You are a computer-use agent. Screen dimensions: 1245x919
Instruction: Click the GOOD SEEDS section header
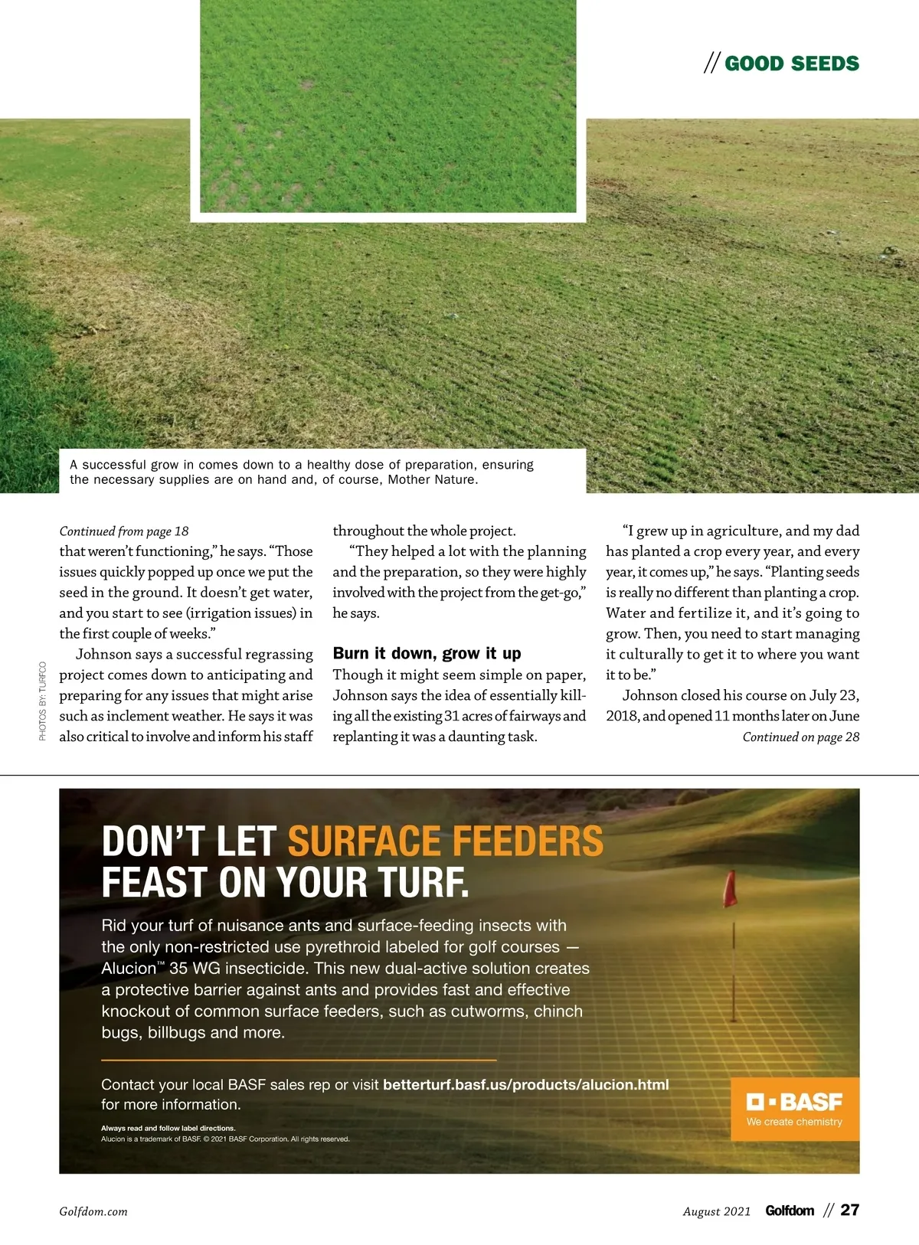[791, 64]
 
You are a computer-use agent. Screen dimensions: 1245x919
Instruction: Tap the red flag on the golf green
[731, 888]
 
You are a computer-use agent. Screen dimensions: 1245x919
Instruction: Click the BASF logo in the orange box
[794, 1102]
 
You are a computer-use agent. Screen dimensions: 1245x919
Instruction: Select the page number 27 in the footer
[850, 1210]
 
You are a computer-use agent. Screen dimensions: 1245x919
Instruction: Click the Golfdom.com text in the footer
[93, 1211]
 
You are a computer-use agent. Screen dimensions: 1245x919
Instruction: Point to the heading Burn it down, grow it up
[427, 653]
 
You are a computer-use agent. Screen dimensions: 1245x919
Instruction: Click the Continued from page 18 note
[124, 531]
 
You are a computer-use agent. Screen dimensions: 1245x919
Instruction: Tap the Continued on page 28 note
[800, 737]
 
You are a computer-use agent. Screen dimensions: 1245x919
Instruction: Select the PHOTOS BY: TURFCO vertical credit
[43, 701]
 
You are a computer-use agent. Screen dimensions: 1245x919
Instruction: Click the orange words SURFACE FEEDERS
[445, 841]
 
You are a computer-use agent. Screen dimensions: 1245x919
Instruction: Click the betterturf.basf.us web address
[525, 1084]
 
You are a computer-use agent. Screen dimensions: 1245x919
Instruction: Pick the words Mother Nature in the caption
[432, 480]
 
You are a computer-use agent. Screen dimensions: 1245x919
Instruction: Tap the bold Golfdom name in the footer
[790, 1211]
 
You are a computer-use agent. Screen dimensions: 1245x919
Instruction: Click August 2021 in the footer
[716, 1211]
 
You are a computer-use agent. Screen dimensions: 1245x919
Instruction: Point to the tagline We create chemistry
[794, 1122]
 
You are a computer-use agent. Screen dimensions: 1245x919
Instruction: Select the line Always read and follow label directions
[168, 1128]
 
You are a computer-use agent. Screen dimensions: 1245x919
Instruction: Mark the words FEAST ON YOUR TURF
[285, 882]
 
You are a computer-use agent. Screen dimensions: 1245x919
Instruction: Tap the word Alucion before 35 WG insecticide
[129, 969]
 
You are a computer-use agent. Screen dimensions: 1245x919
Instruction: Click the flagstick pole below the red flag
[734, 965]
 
